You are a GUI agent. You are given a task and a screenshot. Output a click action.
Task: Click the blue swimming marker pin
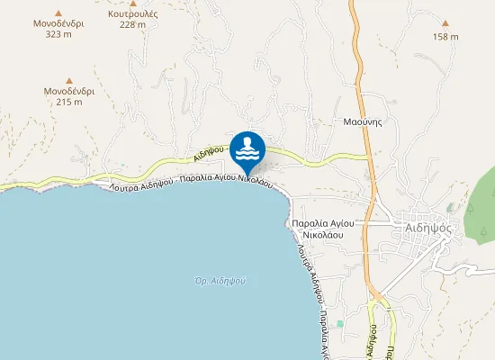247,149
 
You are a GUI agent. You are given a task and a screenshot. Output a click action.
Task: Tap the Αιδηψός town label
427,228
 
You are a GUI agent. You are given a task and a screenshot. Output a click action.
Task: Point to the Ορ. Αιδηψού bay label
220,281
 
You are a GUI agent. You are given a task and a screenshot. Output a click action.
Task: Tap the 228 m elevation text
132,25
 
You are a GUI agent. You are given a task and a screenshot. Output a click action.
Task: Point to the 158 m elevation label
445,37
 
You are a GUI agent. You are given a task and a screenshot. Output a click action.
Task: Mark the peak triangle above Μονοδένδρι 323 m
58,13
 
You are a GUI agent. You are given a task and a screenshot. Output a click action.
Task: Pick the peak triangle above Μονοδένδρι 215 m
69,80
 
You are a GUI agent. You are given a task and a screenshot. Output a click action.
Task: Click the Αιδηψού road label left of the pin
206,155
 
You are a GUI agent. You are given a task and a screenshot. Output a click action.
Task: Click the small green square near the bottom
339,323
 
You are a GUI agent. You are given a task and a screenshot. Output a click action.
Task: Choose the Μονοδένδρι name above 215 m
69,92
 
